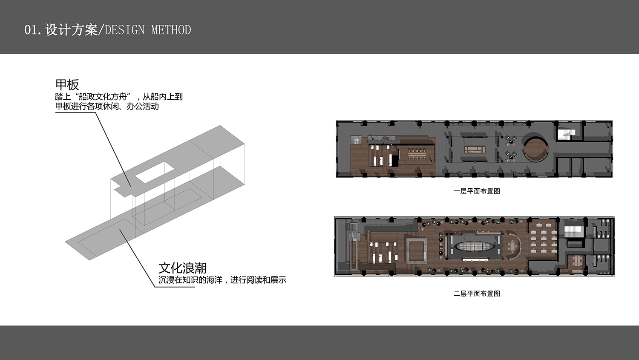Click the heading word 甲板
[x=67, y=84]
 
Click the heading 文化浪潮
[x=182, y=268]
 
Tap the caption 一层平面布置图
[x=477, y=191]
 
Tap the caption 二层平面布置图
[x=477, y=294]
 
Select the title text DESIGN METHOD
[x=147, y=30]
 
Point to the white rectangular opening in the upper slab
[x=155, y=172]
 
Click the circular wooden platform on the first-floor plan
[x=535, y=148]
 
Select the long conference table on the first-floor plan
[x=417, y=154]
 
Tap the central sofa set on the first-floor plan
[x=475, y=149]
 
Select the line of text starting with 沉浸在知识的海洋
[x=222, y=280]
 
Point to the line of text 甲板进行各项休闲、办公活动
[x=107, y=107]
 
